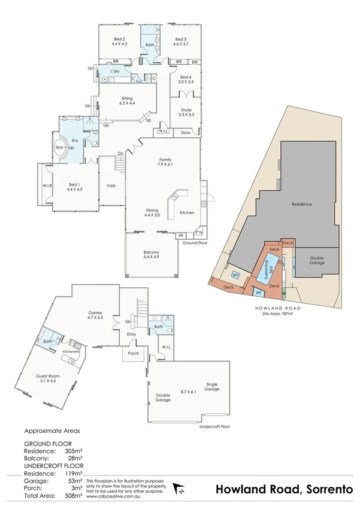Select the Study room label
tap(186, 110)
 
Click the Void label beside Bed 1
tap(110, 185)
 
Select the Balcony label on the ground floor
tap(150, 253)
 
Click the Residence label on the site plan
tap(301, 204)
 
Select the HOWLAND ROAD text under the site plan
tap(277, 307)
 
